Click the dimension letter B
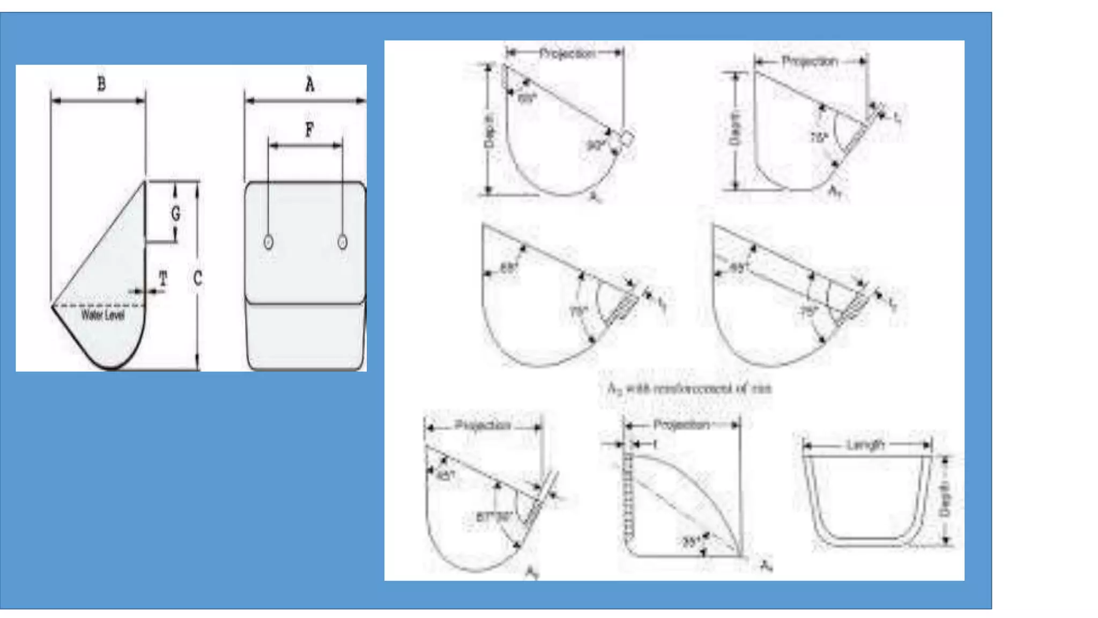(x=101, y=84)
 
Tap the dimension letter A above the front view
(x=309, y=84)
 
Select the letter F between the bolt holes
(x=309, y=129)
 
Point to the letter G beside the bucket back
(x=175, y=214)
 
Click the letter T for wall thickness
(x=163, y=278)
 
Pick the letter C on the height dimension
(x=197, y=278)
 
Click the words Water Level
(x=102, y=315)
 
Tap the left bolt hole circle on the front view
(x=269, y=242)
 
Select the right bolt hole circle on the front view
(x=343, y=242)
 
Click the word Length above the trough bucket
(x=865, y=445)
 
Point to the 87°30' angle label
(x=494, y=517)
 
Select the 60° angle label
(x=527, y=99)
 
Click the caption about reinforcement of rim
(x=689, y=388)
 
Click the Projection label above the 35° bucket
(x=681, y=425)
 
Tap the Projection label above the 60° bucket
(x=567, y=54)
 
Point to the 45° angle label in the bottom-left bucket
(x=446, y=475)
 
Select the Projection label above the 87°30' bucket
(x=482, y=425)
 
